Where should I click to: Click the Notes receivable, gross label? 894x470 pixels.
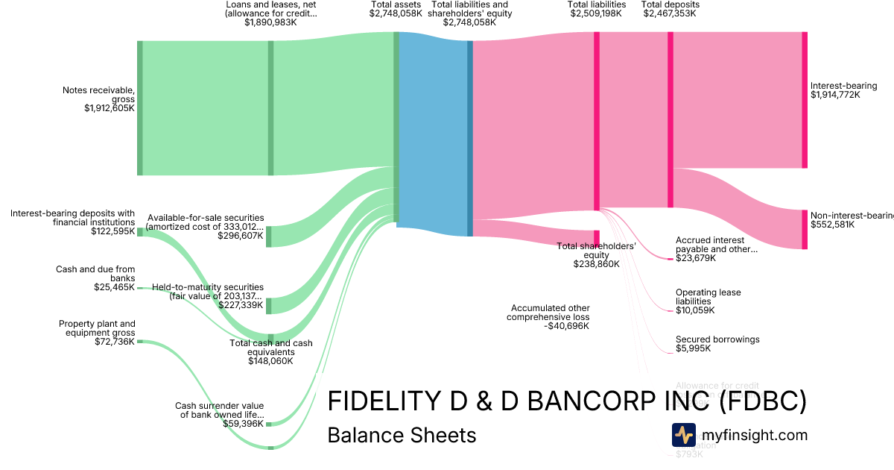(98, 95)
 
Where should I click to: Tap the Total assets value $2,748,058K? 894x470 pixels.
(396, 13)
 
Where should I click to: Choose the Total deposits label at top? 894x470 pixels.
(670, 4)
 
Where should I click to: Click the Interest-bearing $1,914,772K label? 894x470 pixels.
(843, 90)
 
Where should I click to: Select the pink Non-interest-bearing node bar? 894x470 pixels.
(804, 229)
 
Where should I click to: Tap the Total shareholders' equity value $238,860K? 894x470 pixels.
(596, 264)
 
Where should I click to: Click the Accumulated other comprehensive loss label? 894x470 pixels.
(550, 313)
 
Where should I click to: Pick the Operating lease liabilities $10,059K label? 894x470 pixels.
(708, 301)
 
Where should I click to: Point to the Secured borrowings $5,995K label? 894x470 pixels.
(717, 344)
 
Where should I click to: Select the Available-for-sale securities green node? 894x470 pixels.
(269, 236)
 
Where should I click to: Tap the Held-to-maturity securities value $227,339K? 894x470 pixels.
(241, 305)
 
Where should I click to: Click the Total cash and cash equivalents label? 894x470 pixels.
(271, 348)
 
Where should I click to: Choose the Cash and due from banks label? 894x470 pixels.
(95, 274)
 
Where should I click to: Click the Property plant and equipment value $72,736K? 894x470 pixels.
(114, 342)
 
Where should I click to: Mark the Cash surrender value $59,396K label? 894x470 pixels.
(220, 415)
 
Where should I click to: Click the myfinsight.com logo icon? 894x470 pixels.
(683, 435)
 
